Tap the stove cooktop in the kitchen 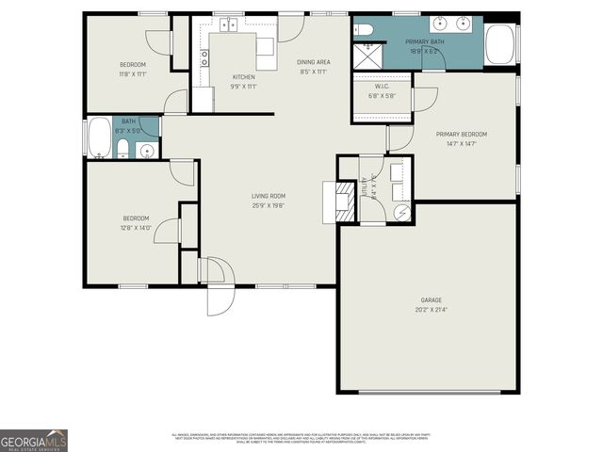pos(204,56)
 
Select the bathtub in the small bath pos(99,137)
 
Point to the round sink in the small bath pos(146,151)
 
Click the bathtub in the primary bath pos(501,44)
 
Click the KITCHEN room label pos(244,76)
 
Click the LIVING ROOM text pos(268,196)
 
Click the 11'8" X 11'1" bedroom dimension pos(133,73)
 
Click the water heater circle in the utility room pos(401,213)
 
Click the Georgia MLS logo pos(34,441)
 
